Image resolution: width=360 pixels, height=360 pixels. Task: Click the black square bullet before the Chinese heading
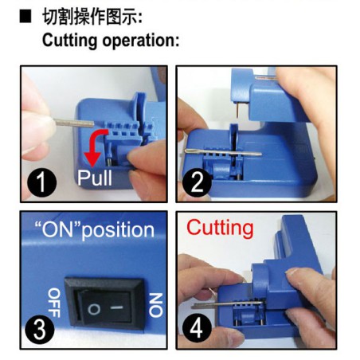[25, 15]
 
